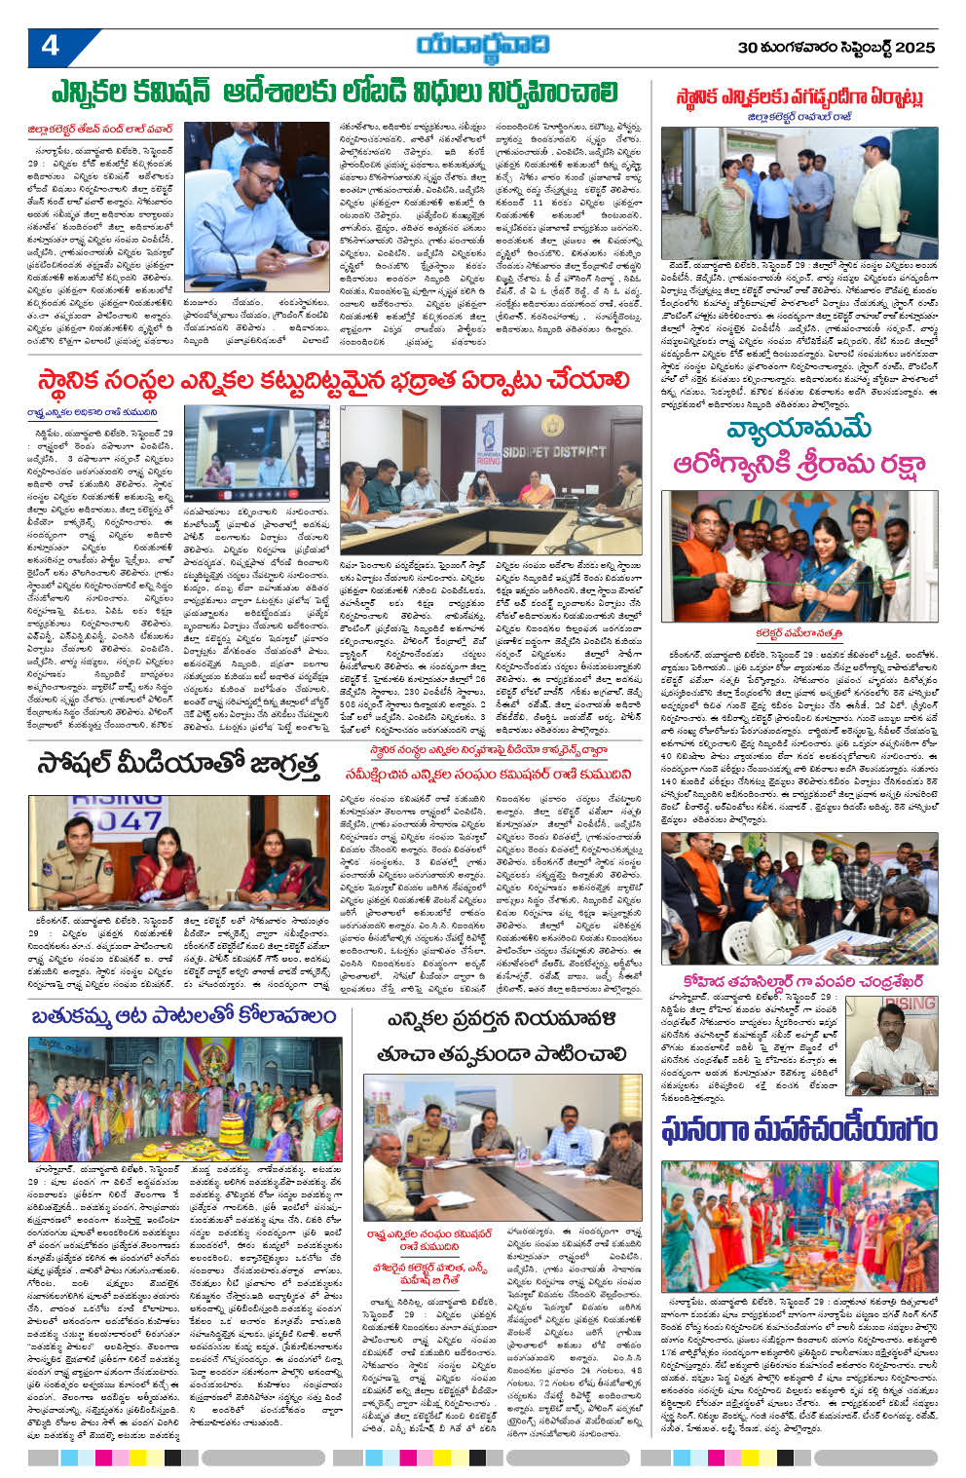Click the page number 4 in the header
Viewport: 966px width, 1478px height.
click(x=51, y=46)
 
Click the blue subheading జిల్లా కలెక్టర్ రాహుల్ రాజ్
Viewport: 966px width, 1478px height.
click(x=799, y=115)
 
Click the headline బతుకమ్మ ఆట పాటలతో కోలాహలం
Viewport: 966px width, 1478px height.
click(x=182, y=1017)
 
